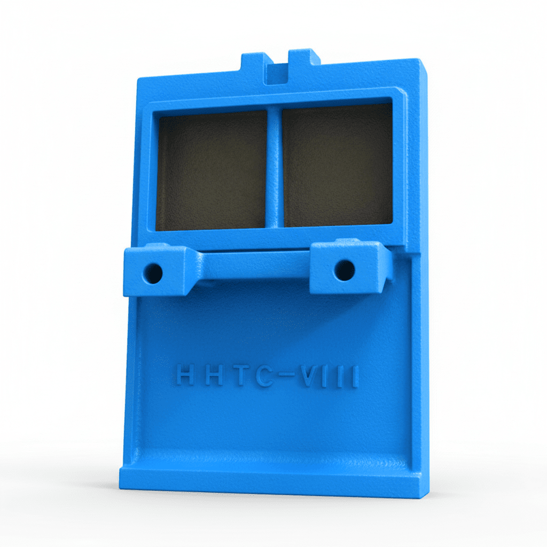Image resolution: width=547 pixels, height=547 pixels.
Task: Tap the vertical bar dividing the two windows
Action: (x=273, y=166)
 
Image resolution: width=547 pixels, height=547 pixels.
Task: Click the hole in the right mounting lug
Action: (x=344, y=270)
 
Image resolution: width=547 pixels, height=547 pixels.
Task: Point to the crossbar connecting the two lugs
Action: (x=251, y=264)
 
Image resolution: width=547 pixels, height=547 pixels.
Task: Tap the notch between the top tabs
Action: (x=278, y=72)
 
